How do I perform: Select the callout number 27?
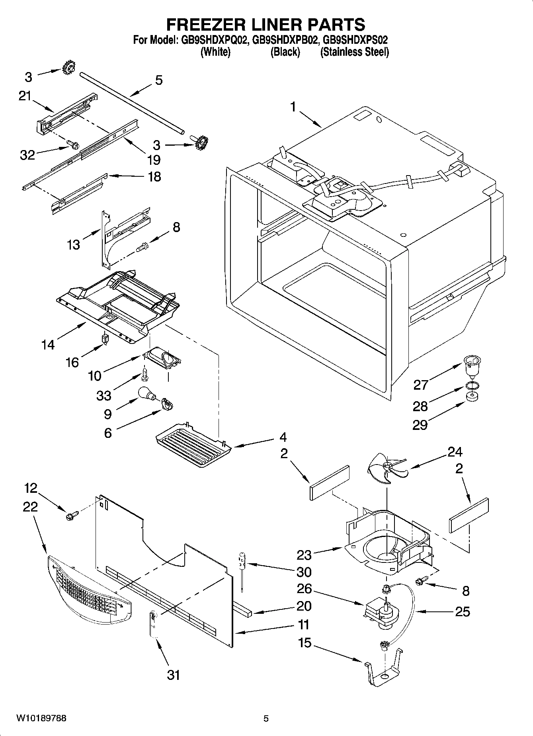click(x=421, y=385)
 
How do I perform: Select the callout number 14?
click(x=48, y=344)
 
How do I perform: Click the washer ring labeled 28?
click(x=472, y=386)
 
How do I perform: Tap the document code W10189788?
click(x=41, y=718)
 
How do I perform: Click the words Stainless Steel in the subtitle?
click(x=354, y=52)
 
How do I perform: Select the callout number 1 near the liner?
click(x=293, y=107)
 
